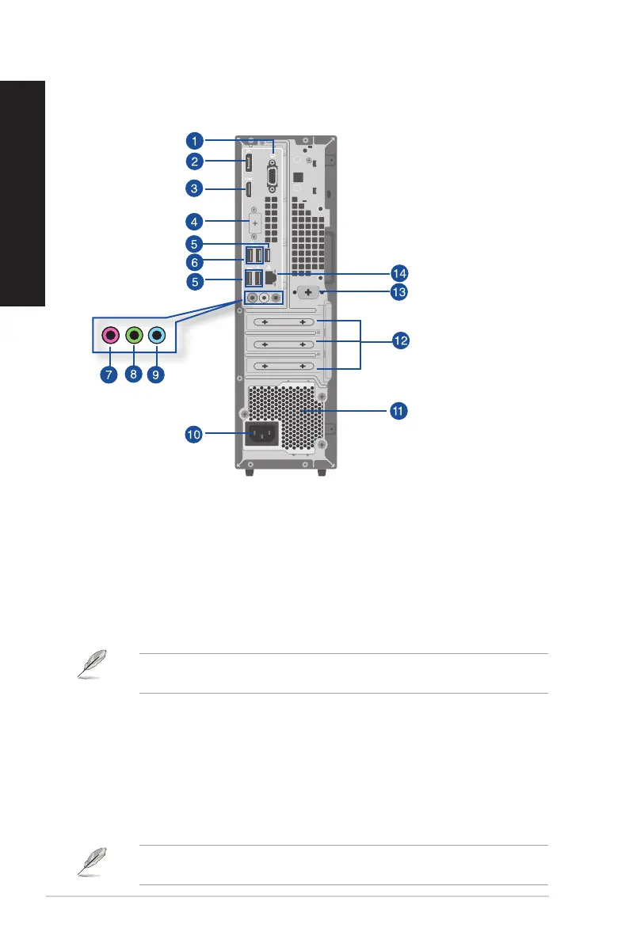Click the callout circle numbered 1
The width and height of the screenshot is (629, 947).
point(194,141)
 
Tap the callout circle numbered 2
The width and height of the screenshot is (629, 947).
point(194,162)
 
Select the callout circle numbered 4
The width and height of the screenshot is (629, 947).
point(194,220)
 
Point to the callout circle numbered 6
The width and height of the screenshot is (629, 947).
point(194,261)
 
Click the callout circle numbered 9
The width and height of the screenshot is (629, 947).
point(158,374)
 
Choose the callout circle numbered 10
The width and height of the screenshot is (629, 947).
point(194,433)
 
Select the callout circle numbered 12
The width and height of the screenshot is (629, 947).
point(402,340)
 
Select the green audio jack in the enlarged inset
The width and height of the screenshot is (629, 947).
point(135,336)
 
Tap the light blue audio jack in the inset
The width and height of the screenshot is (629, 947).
point(158,336)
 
